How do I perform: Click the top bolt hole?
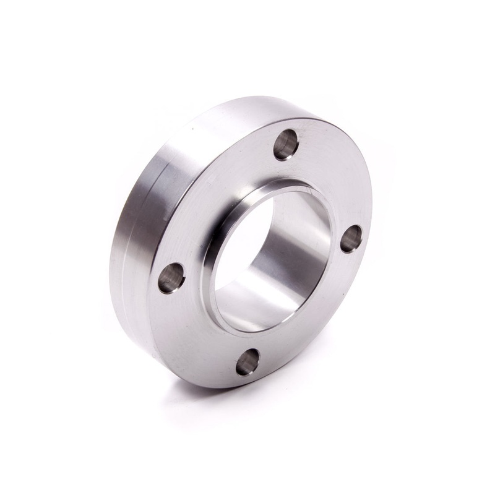[x=286, y=145]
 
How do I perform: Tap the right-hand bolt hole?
[x=351, y=238]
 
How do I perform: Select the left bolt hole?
[x=171, y=278]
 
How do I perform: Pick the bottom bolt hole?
[x=248, y=363]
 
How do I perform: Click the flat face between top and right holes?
[x=334, y=179]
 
